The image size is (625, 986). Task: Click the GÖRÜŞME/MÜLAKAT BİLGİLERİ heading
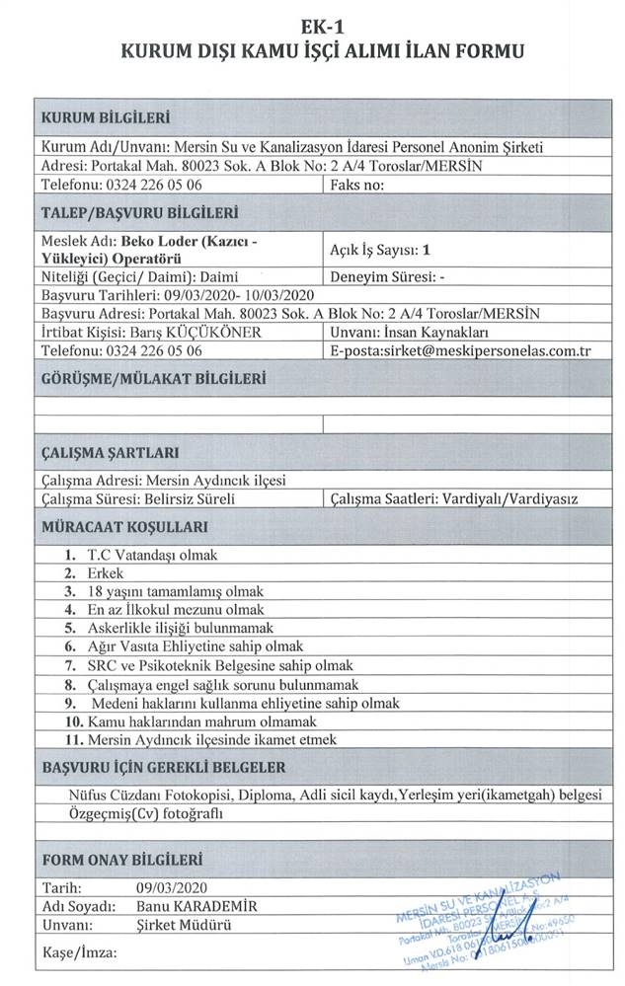pos(153,378)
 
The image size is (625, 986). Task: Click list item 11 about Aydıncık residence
pos(211,739)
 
